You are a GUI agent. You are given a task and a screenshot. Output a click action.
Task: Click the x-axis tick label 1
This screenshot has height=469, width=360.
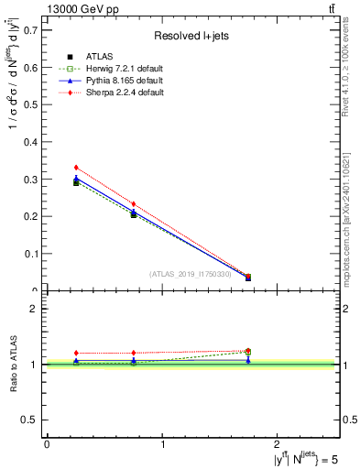(163, 444)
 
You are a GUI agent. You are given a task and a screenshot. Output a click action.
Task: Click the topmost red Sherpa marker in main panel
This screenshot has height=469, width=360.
(76, 168)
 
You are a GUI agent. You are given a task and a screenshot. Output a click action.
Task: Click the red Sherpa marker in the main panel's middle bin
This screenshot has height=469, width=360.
(134, 204)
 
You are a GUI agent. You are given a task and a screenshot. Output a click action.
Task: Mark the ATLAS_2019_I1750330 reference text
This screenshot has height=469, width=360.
(190, 274)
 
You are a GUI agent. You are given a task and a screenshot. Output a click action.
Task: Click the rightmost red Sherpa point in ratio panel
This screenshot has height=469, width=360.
(248, 350)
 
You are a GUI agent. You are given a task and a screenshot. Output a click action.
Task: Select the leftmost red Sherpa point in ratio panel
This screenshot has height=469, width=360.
(76, 353)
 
